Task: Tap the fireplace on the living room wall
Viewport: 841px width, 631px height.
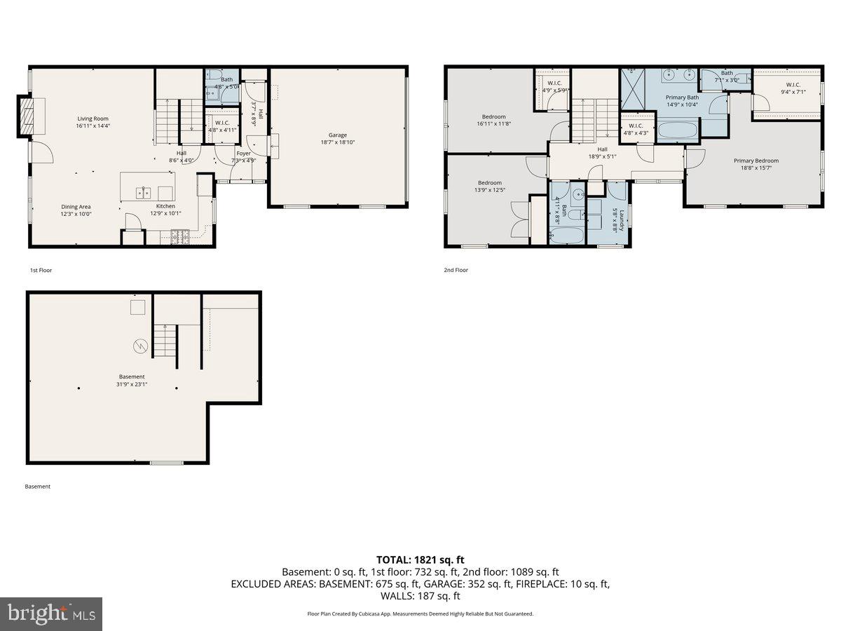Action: pos(27,116)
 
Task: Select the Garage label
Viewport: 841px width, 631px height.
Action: pos(338,135)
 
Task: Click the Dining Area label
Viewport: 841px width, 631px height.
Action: pos(76,207)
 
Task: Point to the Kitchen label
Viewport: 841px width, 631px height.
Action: pos(165,206)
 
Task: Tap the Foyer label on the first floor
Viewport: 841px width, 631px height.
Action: pos(243,153)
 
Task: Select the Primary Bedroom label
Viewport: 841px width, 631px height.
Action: pos(755,161)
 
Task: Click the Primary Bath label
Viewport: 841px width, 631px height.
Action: pos(682,97)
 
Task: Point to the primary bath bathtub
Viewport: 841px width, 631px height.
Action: pos(678,130)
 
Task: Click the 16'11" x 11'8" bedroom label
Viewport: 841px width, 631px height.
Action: pos(493,116)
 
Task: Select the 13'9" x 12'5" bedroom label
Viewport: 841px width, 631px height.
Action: pos(490,183)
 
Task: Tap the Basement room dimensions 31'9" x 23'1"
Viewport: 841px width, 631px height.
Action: pos(131,384)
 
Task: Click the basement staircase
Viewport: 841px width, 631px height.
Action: pos(163,341)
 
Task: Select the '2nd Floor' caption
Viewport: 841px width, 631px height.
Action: pos(456,270)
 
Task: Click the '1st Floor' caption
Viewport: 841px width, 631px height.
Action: pos(41,270)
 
